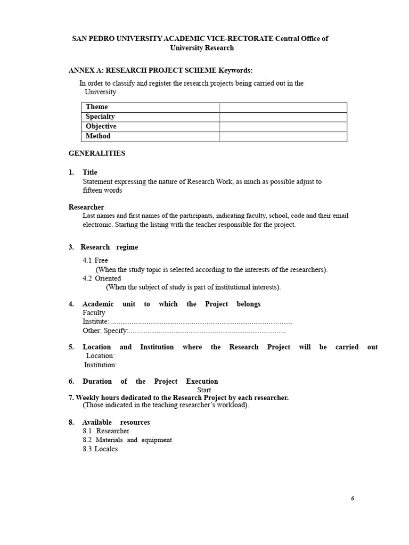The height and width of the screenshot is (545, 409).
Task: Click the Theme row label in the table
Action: [x=97, y=107]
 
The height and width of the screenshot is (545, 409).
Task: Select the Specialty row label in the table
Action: [x=100, y=117]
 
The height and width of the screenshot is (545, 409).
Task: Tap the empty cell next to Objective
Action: [x=283, y=127]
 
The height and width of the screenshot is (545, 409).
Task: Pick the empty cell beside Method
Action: [x=283, y=136]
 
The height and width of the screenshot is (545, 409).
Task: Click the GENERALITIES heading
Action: [x=97, y=153]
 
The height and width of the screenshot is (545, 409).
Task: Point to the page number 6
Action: [x=353, y=499]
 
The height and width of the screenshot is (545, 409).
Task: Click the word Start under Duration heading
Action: [x=204, y=390]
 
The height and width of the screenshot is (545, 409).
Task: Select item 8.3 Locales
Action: [x=100, y=449]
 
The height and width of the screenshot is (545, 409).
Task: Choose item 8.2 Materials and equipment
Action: [x=127, y=440]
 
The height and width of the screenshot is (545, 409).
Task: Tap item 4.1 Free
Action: [x=95, y=260]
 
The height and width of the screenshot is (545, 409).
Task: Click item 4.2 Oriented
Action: [x=102, y=278]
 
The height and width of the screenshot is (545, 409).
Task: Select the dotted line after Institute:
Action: [x=202, y=321]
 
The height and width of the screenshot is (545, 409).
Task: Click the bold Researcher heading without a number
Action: [x=86, y=207]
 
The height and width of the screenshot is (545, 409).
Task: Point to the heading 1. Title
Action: [x=84, y=172]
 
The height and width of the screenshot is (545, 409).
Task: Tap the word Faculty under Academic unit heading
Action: [x=94, y=313]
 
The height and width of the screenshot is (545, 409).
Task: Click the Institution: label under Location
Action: [x=101, y=365]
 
